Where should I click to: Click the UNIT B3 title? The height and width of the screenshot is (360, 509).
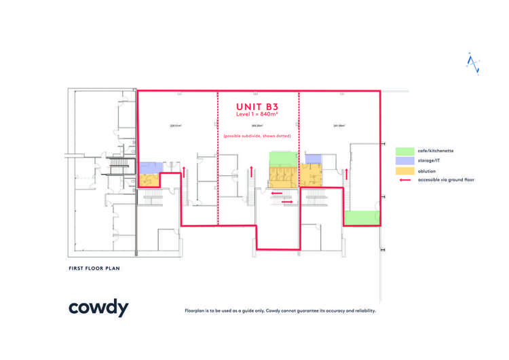(x=257, y=107)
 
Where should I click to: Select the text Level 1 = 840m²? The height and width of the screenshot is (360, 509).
(x=257, y=115)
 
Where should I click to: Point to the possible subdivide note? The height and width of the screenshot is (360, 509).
(x=258, y=137)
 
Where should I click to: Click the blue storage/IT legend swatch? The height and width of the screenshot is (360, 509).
(x=405, y=161)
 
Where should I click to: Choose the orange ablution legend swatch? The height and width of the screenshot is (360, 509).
(x=405, y=171)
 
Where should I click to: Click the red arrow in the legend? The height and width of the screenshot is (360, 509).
(x=405, y=181)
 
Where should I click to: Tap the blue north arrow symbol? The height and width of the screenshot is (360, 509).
(x=473, y=63)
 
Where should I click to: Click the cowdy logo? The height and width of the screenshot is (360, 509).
(x=98, y=308)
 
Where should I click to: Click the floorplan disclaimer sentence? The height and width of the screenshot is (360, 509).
(x=280, y=311)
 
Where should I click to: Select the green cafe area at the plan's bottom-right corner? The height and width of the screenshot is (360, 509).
(x=361, y=218)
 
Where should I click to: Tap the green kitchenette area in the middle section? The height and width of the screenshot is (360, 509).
(x=283, y=158)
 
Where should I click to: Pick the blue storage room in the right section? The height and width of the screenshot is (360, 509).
(x=313, y=158)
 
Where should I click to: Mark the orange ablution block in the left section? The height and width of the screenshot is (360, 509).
(x=149, y=180)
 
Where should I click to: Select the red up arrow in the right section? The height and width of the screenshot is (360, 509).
(x=346, y=174)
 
